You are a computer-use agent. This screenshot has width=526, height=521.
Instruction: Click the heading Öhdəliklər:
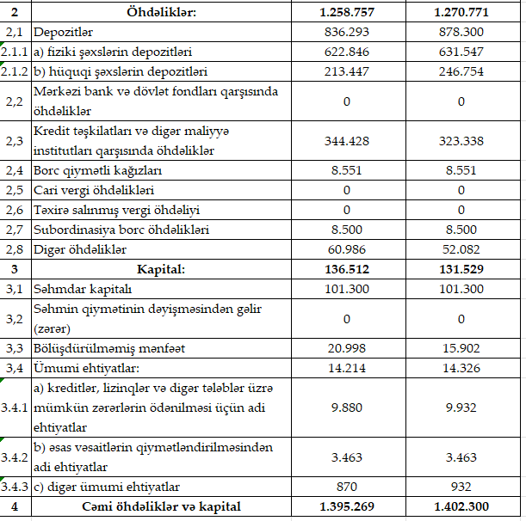tap(160, 13)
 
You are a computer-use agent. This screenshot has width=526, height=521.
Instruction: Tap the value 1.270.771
tap(461, 13)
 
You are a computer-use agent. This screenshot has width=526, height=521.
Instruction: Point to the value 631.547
tap(461, 52)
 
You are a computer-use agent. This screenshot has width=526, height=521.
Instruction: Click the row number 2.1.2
tap(15, 70)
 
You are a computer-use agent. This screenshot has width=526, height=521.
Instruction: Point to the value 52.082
tap(461, 249)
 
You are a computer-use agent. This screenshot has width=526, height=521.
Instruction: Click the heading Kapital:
tap(160, 269)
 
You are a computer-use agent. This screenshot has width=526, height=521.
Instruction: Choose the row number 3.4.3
tap(15, 487)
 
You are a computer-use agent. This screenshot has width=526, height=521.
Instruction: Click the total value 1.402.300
tap(461, 506)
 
